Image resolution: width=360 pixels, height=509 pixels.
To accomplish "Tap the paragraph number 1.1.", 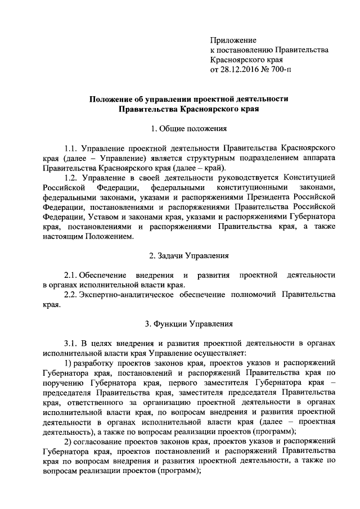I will [71, 148].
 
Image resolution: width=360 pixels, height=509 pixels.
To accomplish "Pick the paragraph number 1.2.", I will [71, 178].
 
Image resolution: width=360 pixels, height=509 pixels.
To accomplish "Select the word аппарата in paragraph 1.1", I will [320, 158].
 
